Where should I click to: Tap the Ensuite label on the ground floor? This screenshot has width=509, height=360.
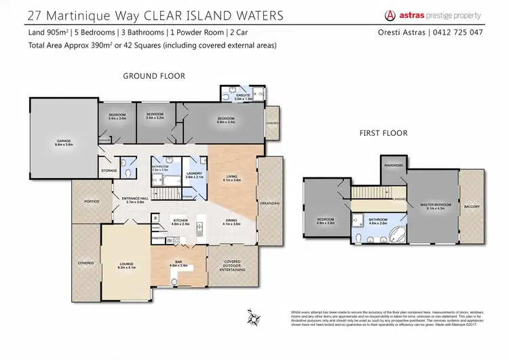(x=242, y=96)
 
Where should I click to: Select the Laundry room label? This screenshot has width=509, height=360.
(x=193, y=175)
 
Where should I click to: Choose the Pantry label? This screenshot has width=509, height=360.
(x=157, y=238)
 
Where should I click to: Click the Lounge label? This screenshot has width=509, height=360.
(x=126, y=266)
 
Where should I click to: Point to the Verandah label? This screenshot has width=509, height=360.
(x=269, y=202)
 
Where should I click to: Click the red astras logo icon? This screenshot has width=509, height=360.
(x=390, y=15)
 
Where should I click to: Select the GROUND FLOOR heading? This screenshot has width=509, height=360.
(x=153, y=76)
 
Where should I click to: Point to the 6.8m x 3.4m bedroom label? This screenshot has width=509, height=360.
(x=226, y=121)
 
